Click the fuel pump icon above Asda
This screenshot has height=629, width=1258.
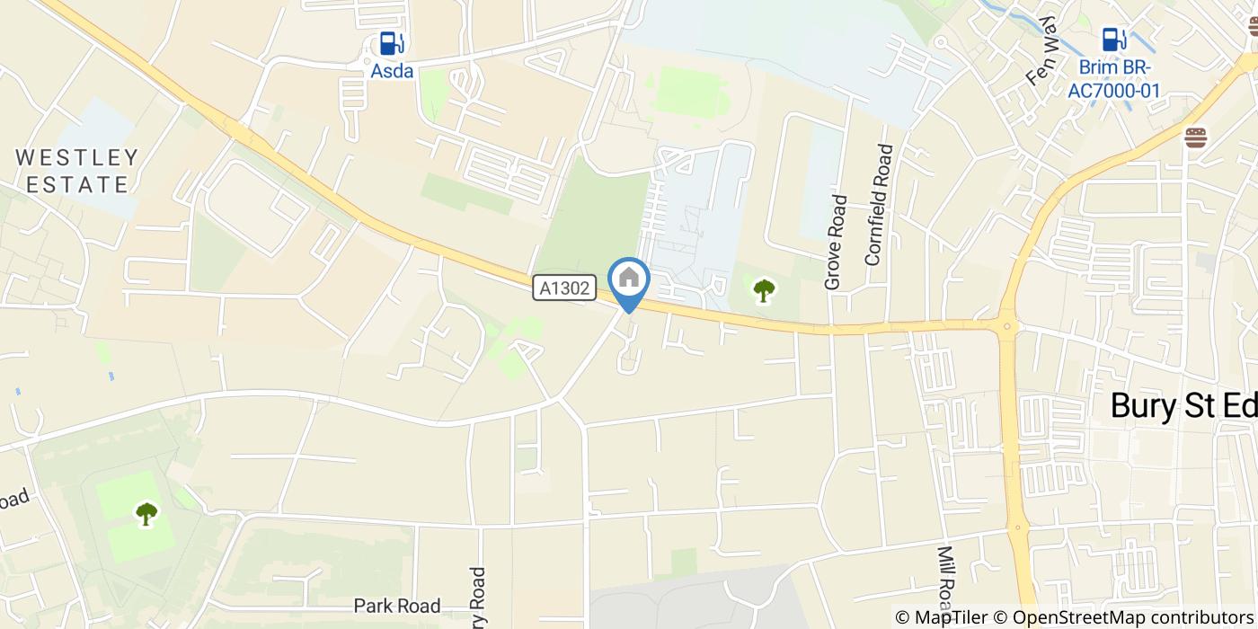click(391, 42)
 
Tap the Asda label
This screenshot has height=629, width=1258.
click(392, 71)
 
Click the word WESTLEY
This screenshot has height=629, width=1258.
click(77, 158)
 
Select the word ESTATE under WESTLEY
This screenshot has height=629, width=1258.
click(77, 185)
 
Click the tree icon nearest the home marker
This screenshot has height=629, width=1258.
click(764, 290)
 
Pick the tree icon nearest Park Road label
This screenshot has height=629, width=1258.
click(146, 514)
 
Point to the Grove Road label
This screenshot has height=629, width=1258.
click(835, 243)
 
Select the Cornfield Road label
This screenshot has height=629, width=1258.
click(879, 205)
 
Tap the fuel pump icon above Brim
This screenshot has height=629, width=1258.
click(1114, 40)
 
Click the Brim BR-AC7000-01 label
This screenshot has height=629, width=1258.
click(1113, 79)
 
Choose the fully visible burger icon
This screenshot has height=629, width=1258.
click(1196, 137)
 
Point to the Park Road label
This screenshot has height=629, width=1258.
click(397, 606)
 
